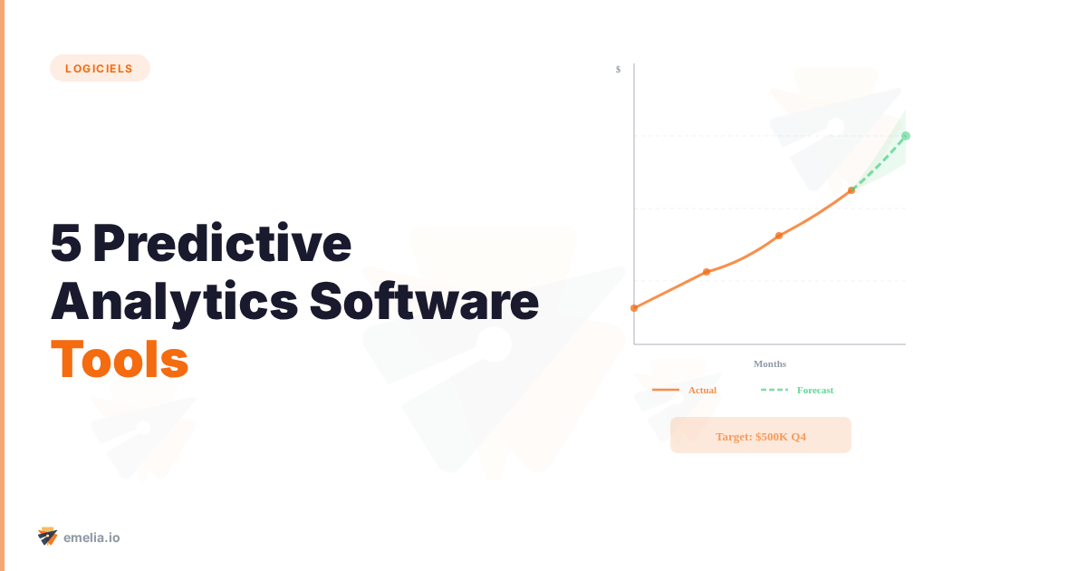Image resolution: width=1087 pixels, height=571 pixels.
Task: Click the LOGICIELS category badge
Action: pyautogui.click(x=100, y=68)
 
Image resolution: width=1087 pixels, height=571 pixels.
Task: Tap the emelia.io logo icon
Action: pyautogui.click(x=48, y=537)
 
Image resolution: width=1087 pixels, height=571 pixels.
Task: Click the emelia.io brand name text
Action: pyautogui.click(x=91, y=537)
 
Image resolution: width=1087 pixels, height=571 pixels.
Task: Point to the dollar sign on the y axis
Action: pyautogui.click(x=618, y=69)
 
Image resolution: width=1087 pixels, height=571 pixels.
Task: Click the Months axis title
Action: pyautogui.click(x=770, y=363)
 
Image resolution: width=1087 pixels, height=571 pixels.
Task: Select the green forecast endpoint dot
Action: pyautogui.click(x=906, y=136)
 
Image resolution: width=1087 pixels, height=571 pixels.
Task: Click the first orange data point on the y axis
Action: pyautogui.click(x=634, y=308)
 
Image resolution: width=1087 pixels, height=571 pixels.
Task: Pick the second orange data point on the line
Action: pyautogui.click(x=707, y=272)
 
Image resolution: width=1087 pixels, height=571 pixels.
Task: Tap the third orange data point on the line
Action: pyautogui.click(x=779, y=236)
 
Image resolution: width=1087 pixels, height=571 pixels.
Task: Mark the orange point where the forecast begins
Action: pyautogui.click(x=851, y=190)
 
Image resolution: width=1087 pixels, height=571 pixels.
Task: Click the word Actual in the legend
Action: pyautogui.click(x=702, y=390)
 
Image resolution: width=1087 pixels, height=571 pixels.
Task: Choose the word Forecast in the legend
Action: pyautogui.click(x=815, y=390)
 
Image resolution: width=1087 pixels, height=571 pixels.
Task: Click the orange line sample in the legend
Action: pyautogui.click(x=666, y=390)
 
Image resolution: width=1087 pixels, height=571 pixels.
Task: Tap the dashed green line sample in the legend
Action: pyautogui.click(x=774, y=390)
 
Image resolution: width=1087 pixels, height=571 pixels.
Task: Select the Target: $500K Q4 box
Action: pyautogui.click(x=761, y=435)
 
